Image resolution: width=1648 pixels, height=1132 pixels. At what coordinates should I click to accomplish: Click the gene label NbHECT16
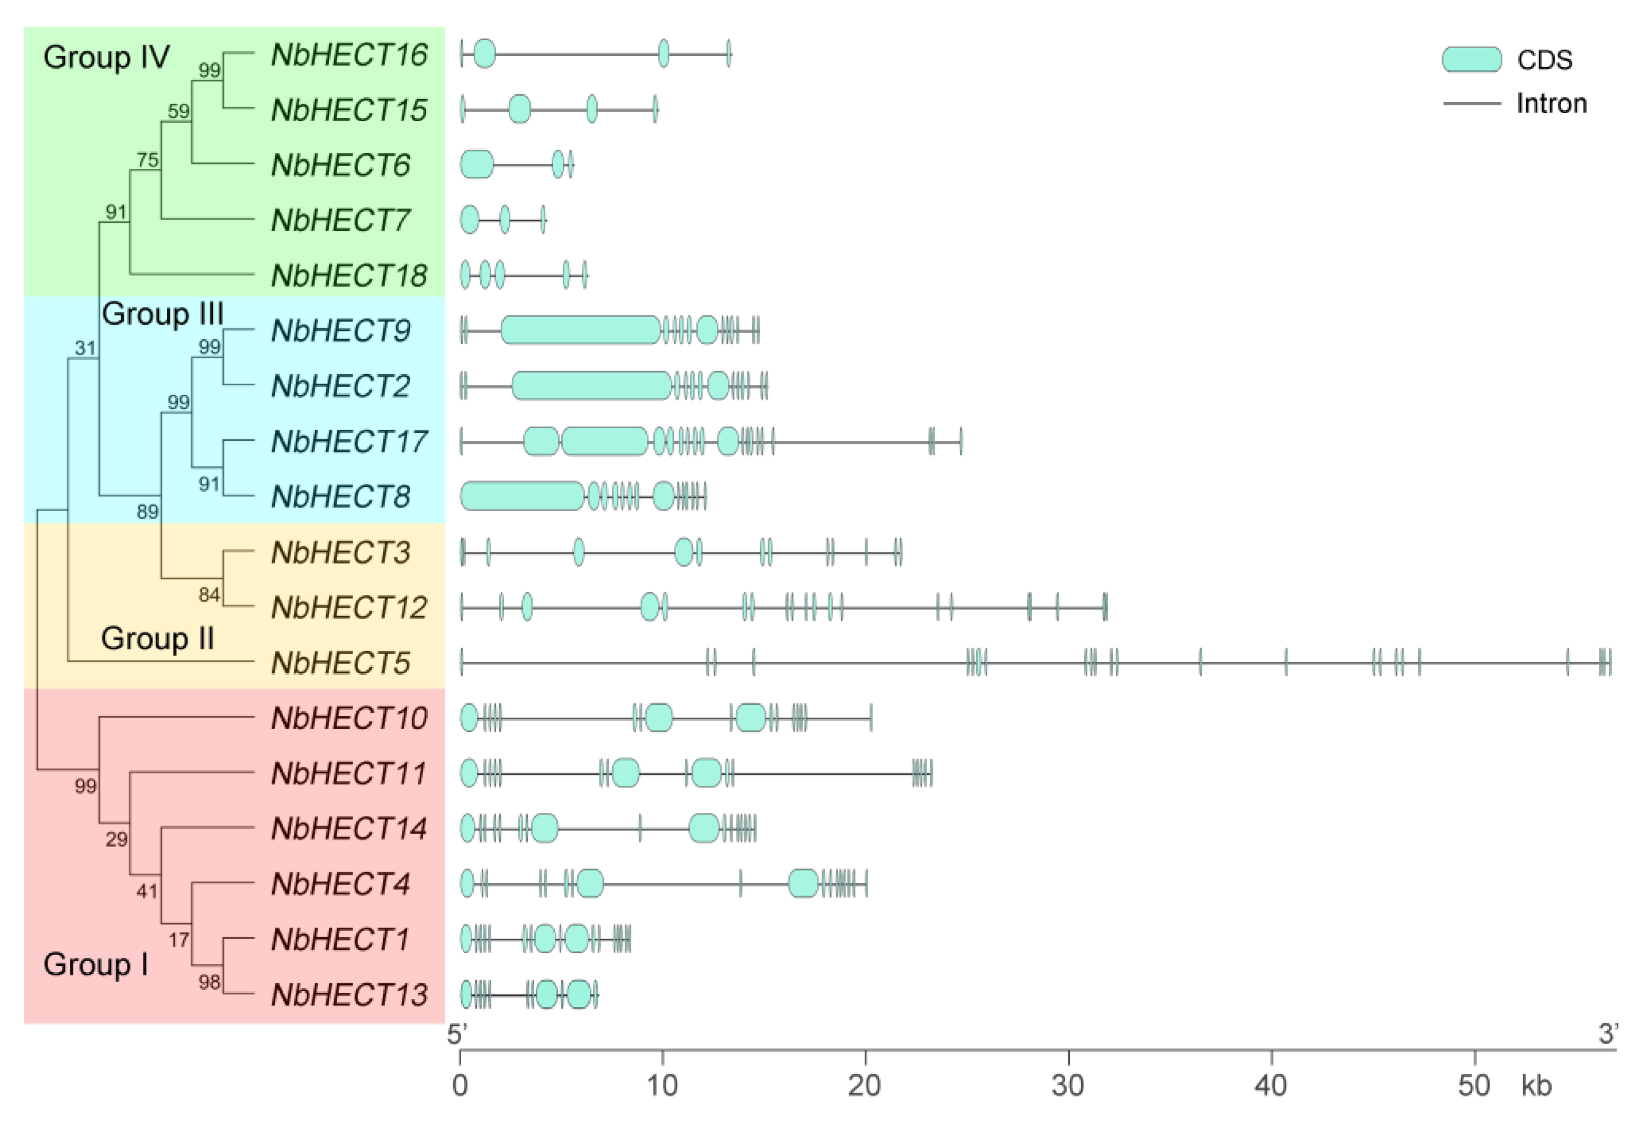(349, 55)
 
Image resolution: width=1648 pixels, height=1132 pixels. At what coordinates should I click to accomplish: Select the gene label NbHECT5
(340, 663)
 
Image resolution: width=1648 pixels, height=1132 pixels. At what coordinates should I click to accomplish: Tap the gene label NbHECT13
(349, 994)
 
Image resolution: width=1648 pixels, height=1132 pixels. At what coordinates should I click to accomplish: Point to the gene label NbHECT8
(340, 496)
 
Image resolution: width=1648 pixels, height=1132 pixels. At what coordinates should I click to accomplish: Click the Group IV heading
(106, 57)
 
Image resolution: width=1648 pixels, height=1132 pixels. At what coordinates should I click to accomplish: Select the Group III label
(163, 313)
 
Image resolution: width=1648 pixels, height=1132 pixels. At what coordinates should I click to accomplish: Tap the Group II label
(157, 638)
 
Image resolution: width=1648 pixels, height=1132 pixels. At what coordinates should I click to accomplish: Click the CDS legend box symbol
(1471, 60)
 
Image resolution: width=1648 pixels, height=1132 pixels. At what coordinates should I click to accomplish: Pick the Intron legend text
(1552, 104)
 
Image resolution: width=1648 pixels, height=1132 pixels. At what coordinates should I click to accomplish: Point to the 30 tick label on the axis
(1067, 1085)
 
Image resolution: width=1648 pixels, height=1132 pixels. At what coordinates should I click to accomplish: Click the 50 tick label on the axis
(1473, 1085)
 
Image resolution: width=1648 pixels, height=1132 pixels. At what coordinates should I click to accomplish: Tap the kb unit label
(1536, 1085)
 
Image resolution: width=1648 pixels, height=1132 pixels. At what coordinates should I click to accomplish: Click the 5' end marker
(457, 1034)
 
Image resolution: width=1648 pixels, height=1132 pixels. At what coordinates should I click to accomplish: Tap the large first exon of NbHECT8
(522, 496)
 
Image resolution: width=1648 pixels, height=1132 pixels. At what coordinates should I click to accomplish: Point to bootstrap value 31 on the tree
(85, 348)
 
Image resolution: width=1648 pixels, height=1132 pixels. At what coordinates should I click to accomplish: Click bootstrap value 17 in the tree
(179, 940)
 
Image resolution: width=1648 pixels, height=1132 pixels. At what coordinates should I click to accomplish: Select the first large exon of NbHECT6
(477, 165)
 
